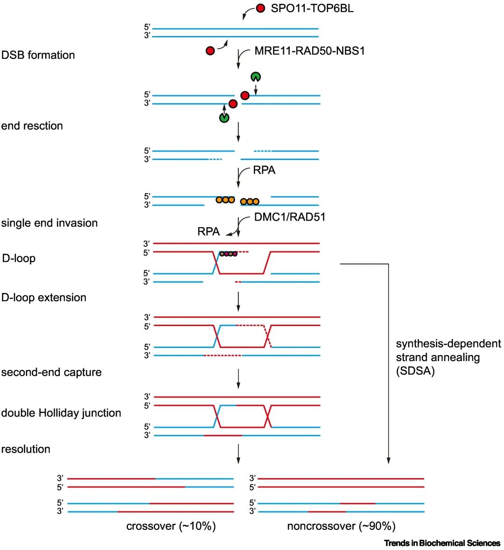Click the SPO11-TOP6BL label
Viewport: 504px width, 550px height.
pyautogui.click(x=312, y=8)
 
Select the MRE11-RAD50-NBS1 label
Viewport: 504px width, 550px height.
pyautogui.click(x=309, y=50)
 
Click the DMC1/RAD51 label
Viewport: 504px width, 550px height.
pyautogui.click(x=290, y=217)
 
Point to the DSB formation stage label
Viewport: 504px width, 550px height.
pyautogui.click(x=38, y=55)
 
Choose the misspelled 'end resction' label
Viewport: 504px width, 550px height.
pyautogui.click(x=32, y=126)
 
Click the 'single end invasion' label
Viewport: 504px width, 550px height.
pyautogui.click(x=49, y=223)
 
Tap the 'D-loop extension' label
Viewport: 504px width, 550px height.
pyautogui.click(x=44, y=298)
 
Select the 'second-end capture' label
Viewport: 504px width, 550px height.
pyautogui.click(x=51, y=372)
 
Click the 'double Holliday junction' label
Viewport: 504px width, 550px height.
pyautogui.click(x=61, y=413)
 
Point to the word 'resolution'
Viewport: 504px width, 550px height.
pyautogui.click(x=26, y=449)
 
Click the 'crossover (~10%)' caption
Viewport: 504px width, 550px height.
pyautogui.click(x=171, y=526)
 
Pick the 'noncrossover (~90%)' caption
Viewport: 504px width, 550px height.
pyautogui.click(x=341, y=526)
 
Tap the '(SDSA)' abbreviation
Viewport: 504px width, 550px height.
pyautogui.click(x=415, y=371)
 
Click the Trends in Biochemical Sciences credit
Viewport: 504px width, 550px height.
pyautogui.click(x=442, y=543)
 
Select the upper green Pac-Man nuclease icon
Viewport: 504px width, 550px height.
pyautogui.click(x=255, y=77)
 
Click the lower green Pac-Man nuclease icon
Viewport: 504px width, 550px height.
pyautogui.click(x=224, y=118)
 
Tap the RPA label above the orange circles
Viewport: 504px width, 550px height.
pyautogui.click(x=264, y=170)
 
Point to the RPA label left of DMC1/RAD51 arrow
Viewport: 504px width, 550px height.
pyautogui.click(x=209, y=232)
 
